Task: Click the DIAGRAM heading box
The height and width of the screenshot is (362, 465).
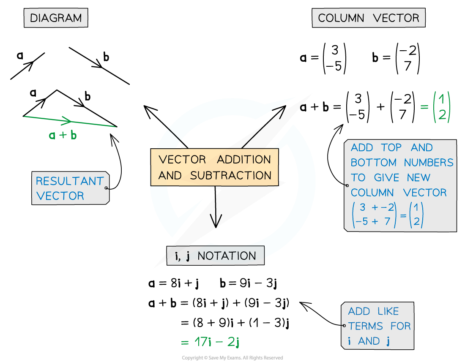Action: pyautogui.click(x=56, y=18)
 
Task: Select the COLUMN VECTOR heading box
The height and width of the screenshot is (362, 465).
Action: pyautogui.click(x=368, y=18)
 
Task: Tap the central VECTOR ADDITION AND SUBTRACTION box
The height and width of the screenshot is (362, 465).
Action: pyautogui.click(x=215, y=167)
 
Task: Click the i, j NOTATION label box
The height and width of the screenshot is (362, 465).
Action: pyautogui.click(x=215, y=256)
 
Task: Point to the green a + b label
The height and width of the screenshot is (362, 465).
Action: pyautogui.click(x=63, y=135)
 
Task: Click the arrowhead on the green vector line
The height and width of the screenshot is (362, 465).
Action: pyautogui.click(x=67, y=121)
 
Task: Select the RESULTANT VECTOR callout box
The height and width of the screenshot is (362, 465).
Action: pyautogui.click(x=70, y=188)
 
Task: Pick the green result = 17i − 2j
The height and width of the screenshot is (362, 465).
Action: pyautogui.click(x=210, y=342)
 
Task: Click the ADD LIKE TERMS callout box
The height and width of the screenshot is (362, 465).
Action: pyautogui.click(x=377, y=326)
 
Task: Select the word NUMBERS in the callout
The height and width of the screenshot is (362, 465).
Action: pyautogui.click(x=428, y=163)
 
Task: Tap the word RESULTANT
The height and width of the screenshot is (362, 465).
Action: pyautogui.click(x=69, y=181)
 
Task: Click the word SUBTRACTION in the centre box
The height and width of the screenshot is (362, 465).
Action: pyautogui.click(x=231, y=175)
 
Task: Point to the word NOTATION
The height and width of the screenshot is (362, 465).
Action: pyautogui.click(x=227, y=256)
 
